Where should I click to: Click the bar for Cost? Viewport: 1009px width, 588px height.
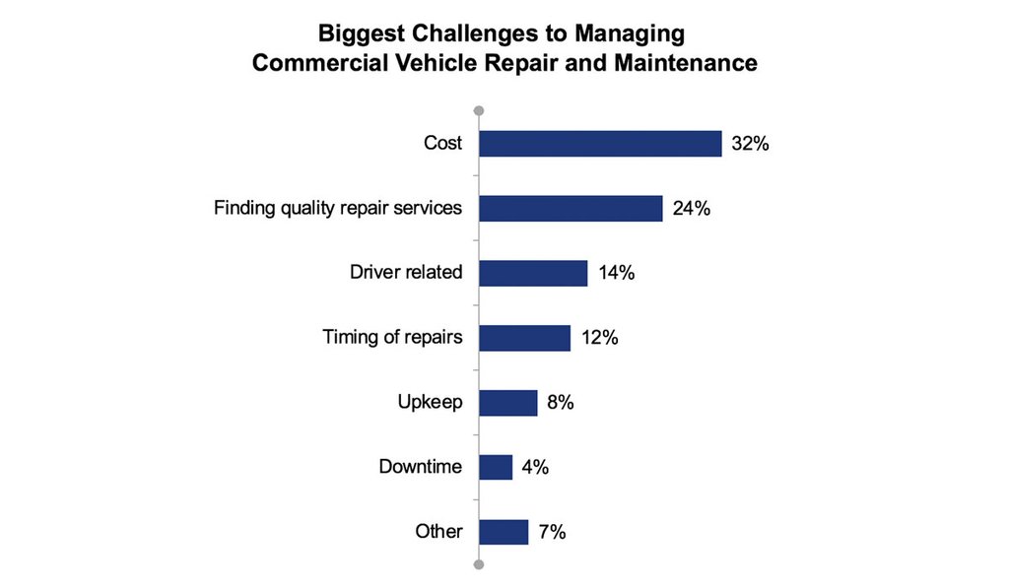(600, 144)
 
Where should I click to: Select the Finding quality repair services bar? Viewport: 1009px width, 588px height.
(571, 209)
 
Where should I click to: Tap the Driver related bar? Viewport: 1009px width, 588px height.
(533, 273)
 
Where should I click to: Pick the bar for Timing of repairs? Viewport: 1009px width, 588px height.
(524, 338)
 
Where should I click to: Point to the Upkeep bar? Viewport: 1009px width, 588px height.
(507, 403)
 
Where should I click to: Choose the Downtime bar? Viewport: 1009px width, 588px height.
(496, 467)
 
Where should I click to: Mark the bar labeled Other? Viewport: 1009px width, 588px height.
(504, 532)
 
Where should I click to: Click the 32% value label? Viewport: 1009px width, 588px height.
(750, 144)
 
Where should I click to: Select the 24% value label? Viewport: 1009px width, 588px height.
(691, 209)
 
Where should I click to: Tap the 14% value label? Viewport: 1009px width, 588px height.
(615, 273)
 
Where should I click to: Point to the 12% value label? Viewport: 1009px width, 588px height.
(598, 338)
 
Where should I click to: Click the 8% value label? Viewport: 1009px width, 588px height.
(561, 403)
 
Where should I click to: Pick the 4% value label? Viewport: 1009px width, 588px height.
(535, 467)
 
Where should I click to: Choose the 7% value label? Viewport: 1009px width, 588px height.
(552, 532)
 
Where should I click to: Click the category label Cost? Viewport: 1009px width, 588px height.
(442, 144)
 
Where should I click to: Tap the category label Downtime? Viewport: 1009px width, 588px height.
(421, 467)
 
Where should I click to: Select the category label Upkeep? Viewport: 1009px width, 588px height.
(430, 403)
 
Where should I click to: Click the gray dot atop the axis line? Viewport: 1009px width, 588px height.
(479, 110)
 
